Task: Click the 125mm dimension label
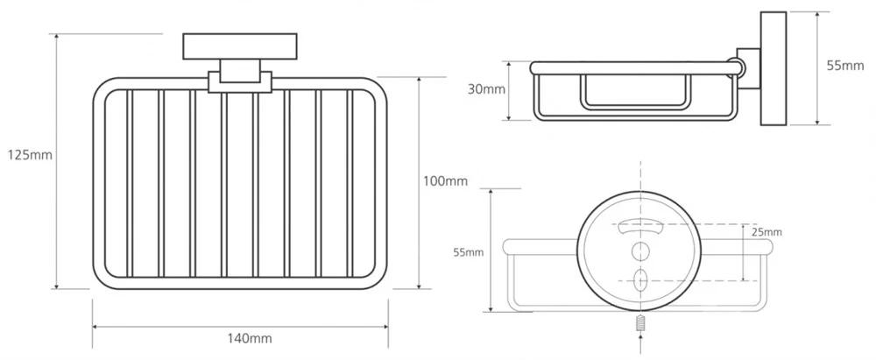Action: pos(30,155)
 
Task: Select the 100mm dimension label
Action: pos(445,181)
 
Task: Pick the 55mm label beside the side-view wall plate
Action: pos(845,67)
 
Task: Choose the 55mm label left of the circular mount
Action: pos(469,252)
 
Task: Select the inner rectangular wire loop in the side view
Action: pos(635,90)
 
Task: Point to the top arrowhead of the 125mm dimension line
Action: pos(57,38)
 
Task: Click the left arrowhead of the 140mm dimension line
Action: pos(95,328)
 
